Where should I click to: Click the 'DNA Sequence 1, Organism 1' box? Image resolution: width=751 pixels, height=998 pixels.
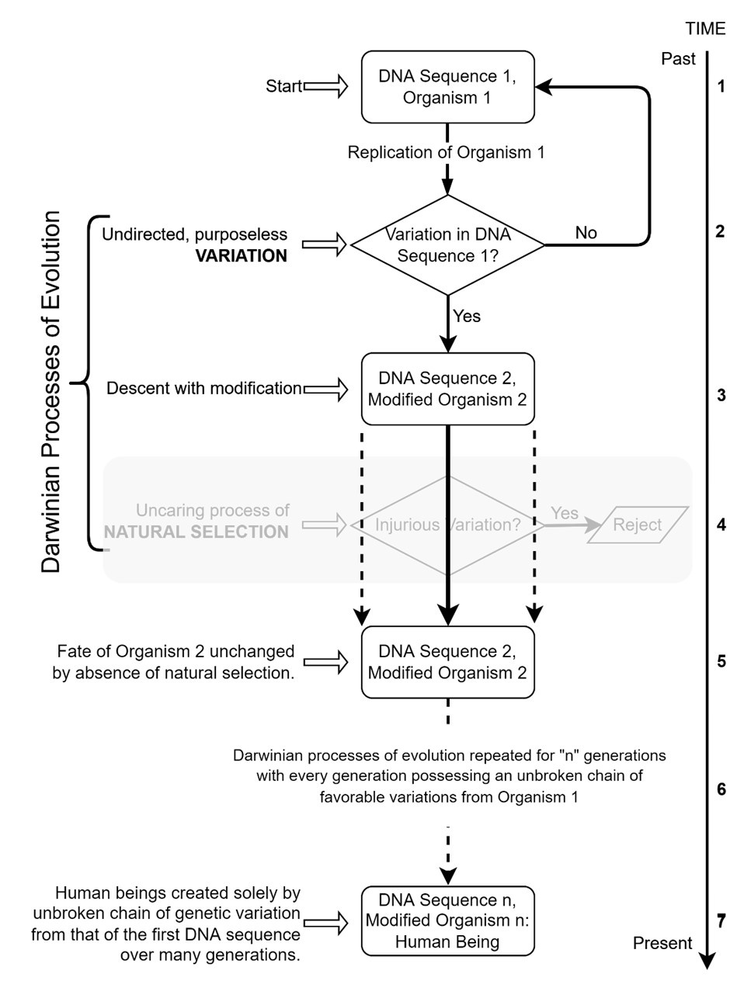click(447, 87)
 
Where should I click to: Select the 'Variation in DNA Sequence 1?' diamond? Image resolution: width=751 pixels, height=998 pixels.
click(447, 245)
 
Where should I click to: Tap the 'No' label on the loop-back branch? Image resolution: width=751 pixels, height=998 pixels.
click(586, 233)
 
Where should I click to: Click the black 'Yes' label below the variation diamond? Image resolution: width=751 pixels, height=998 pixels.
click(467, 316)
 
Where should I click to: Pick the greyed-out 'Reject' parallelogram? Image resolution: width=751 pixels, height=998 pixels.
click(637, 525)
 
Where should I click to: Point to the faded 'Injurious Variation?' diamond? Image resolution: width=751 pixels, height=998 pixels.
click(447, 525)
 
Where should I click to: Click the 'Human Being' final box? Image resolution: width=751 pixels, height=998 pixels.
click(447, 921)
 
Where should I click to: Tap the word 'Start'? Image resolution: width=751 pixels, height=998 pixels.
click(283, 86)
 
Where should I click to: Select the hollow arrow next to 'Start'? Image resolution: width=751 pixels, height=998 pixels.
click(326, 86)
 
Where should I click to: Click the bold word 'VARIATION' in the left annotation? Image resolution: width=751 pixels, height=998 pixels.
click(241, 256)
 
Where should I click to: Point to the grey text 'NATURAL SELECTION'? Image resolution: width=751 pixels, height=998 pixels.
click(196, 532)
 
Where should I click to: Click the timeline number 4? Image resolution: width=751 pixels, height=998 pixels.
click(721, 525)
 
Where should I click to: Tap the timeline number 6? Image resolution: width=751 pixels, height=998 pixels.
click(721, 789)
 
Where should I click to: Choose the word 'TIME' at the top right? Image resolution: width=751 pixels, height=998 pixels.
click(705, 29)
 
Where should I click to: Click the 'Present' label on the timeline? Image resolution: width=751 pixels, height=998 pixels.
click(662, 943)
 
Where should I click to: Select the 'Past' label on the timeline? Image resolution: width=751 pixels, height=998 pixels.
click(678, 59)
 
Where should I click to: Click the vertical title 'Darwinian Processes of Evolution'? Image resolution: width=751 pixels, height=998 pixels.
click(51, 392)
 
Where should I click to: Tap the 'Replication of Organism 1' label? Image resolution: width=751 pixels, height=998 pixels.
click(446, 152)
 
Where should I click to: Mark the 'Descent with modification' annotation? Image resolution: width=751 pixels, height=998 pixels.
click(203, 388)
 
